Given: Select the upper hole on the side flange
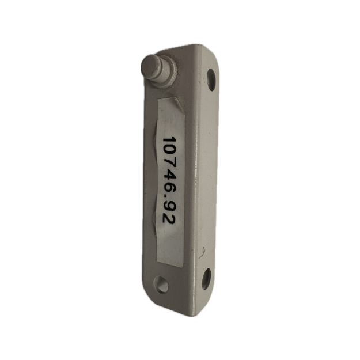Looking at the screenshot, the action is (x=211, y=79).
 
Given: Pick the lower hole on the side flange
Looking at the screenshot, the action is (x=206, y=279).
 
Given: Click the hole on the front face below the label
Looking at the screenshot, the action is (x=161, y=284).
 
